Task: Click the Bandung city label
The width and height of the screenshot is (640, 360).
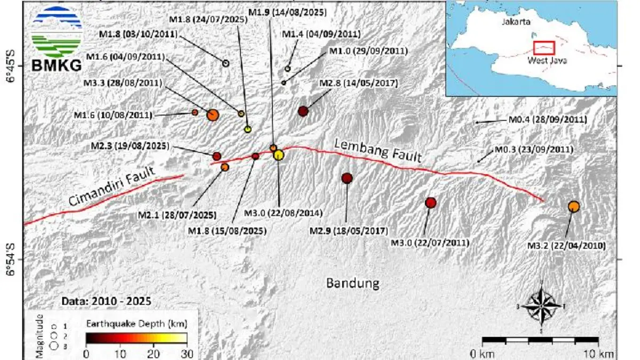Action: [x=353, y=283]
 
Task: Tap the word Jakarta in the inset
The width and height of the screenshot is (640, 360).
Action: [x=516, y=22]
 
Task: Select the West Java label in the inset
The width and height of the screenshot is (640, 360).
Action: [x=547, y=61]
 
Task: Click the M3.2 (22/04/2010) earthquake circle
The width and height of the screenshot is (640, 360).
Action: [x=574, y=206]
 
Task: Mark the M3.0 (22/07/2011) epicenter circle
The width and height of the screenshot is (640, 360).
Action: [x=430, y=203]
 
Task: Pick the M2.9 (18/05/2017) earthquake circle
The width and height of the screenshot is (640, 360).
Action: [x=347, y=178]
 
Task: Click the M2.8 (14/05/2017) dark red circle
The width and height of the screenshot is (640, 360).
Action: [x=303, y=111]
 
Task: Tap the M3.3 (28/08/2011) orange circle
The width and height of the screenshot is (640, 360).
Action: [x=212, y=115]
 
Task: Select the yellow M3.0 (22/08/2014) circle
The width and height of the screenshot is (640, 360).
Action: [x=278, y=155]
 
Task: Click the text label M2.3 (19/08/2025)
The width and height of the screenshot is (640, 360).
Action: [x=130, y=146]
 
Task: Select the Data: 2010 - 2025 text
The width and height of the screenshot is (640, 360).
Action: [x=106, y=301]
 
